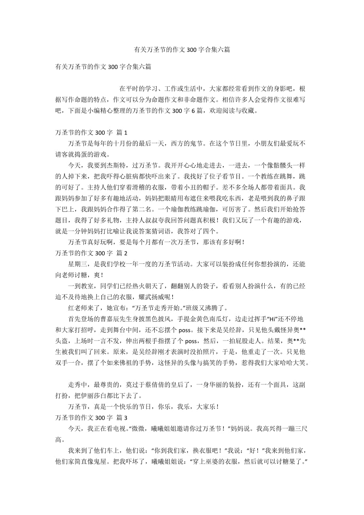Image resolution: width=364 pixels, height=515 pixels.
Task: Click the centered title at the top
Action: [182, 50]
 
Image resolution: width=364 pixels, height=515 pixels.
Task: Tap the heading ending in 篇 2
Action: [91, 253]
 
